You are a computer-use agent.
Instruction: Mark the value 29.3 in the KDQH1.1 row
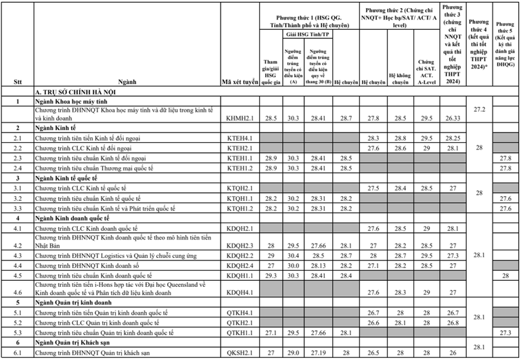click(271, 276)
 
